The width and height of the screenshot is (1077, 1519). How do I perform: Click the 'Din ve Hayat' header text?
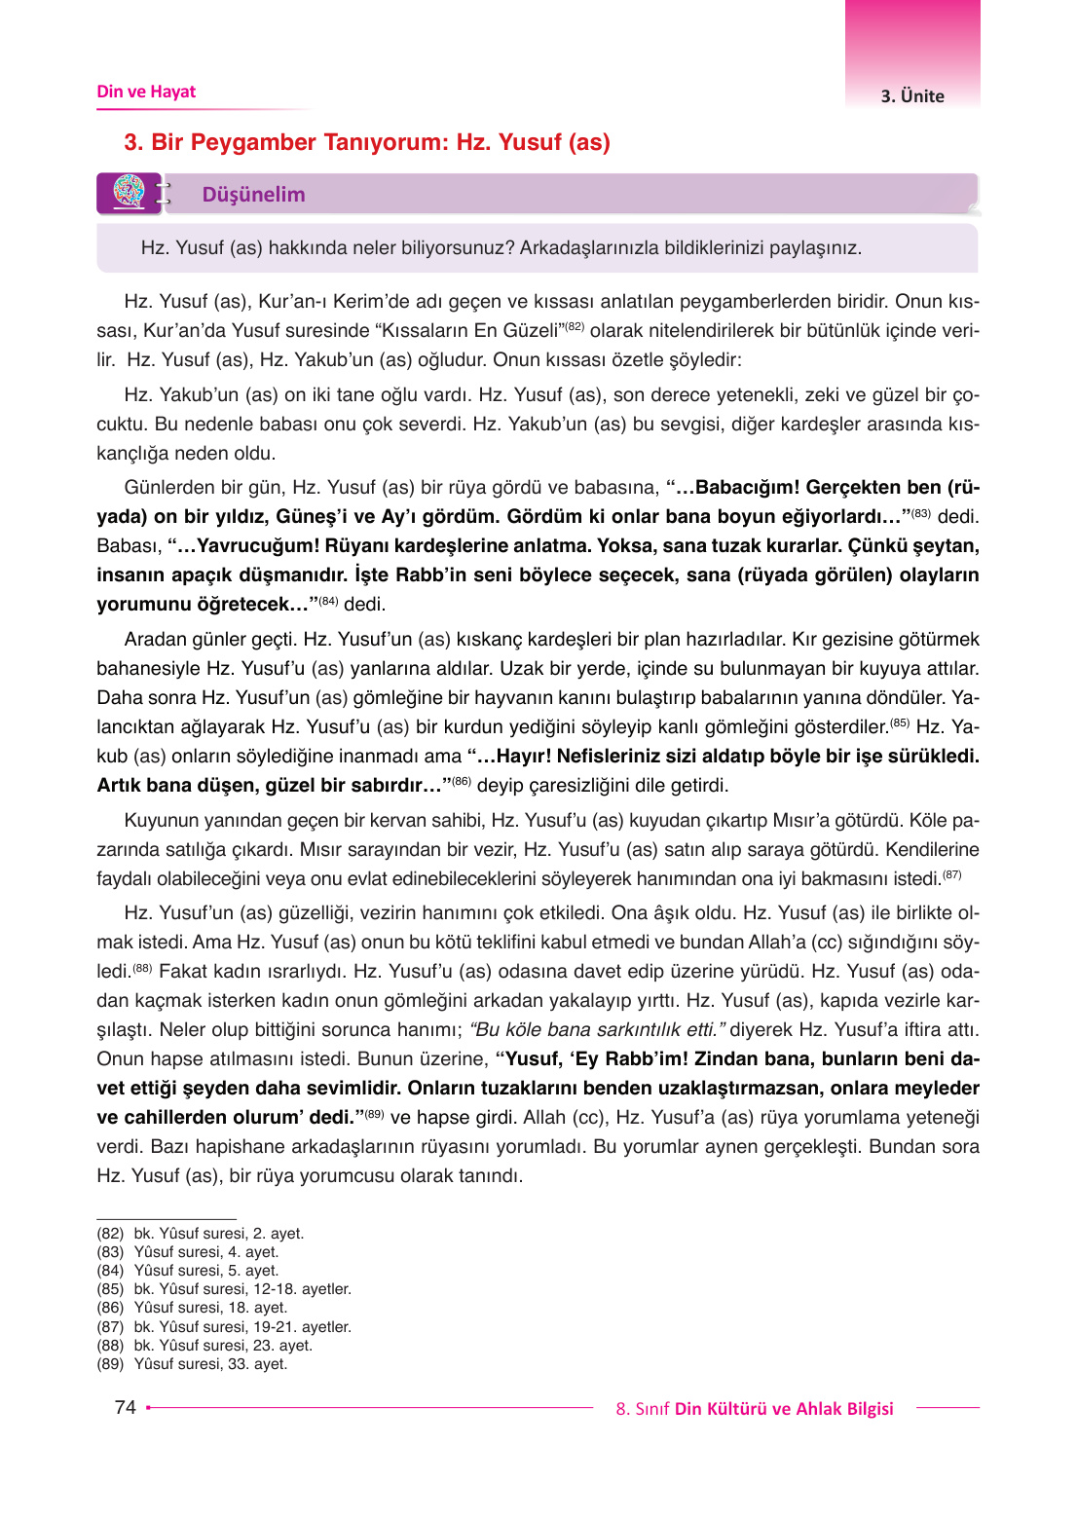coord(146,92)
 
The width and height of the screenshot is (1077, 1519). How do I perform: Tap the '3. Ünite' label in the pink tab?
coord(912,95)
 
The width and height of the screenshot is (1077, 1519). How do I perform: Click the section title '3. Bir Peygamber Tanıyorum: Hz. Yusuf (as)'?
coord(367,142)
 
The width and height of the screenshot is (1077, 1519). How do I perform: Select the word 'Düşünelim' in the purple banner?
coord(253,195)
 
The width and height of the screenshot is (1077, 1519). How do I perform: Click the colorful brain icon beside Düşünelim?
coord(129,192)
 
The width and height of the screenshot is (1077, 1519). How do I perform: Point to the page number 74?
coord(125,1407)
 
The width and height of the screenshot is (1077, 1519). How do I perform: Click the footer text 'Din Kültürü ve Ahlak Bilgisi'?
coord(784,1409)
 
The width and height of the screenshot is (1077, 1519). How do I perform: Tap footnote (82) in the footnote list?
coord(200,1233)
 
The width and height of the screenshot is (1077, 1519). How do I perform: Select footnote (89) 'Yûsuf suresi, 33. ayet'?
coord(192,1363)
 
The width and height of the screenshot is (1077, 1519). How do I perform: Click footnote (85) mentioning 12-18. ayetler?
coord(224,1288)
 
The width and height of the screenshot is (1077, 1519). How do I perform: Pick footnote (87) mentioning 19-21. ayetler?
coord(224,1326)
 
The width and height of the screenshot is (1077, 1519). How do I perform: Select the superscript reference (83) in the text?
coord(920,512)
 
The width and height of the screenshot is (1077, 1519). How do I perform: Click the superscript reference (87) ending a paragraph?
coord(951,874)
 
